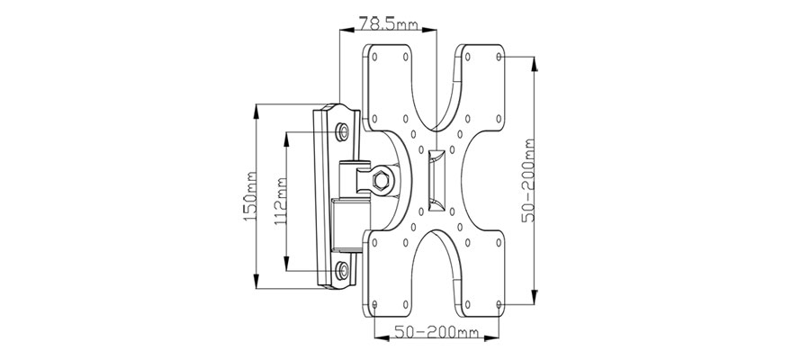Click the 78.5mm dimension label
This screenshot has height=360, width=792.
pyautogui.click(x=389, y=23)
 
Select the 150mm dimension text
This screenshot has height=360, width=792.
pyautogui.click(x=249, y=195)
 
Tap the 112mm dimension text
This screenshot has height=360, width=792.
pyautogui.click(x=281, y=202)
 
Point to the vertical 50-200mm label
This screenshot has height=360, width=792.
pyautogui.click(x=528, y=180)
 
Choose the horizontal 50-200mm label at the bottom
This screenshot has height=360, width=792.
pyautogui.click(x=436, y=332)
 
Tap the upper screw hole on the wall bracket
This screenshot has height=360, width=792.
pyautogui.click(x=343, y=131)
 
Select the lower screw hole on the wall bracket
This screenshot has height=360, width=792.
pyautogui.click(x=343, y=271)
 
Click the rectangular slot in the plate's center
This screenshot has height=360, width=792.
pyautogui.click(x=436, y=180)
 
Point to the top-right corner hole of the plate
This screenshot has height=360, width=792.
pyautogui.click(x=499, y=57)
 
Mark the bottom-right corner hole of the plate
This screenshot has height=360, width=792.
pyautogui.click(x=499, y=304)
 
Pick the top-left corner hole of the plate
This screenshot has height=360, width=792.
pyautogui.click(x=374, y=57)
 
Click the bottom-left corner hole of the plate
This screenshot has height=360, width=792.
pyautogui.click(x=374, y=304)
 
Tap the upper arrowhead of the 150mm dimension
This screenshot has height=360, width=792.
pyautogui.click(x=256, y=112)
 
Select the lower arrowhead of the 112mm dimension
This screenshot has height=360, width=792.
pyautogui.click(x=287, y=264)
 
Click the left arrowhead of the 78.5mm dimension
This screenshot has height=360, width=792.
pyautogui.click(x=347, y=31)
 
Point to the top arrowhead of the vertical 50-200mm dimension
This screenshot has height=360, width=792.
pyautogui.click(x=535, y=64)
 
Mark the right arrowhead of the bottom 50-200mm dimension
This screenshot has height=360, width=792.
pyautogui.click(x=491, y=337)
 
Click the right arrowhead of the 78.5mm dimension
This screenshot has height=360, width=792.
pyautogui.click(x=428, y=31)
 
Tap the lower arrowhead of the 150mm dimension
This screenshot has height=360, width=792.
pyautogui.click(x=256, y=281)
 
